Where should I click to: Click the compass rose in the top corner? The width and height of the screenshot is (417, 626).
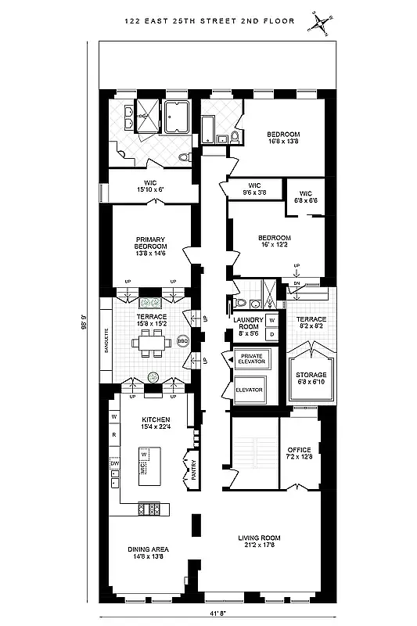321,23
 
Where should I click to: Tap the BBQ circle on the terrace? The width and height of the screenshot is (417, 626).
182,341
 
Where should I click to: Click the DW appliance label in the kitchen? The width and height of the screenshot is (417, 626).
113,463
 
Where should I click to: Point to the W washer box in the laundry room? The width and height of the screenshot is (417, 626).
271,320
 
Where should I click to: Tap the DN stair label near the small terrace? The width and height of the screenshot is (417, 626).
296,282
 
